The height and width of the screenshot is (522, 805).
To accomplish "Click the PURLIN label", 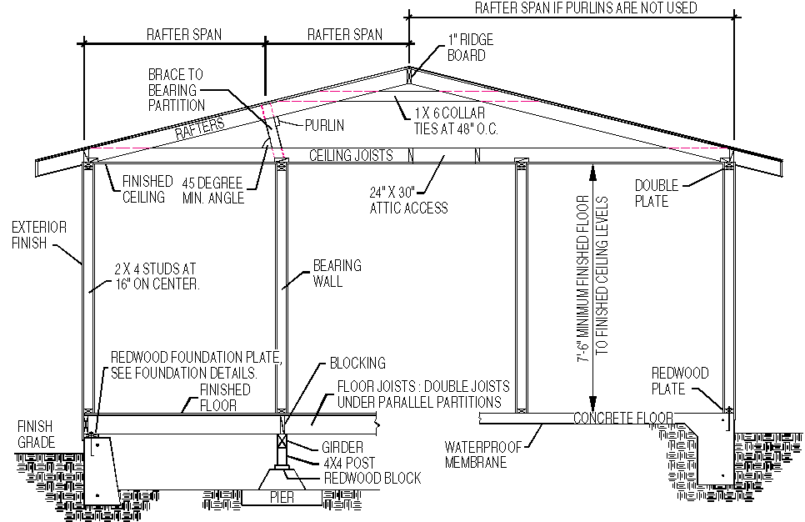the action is (324, 125).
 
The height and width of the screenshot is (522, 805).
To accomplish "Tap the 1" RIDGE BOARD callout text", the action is (470, 48).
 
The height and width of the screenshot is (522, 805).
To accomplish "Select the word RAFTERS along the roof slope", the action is (200, 128).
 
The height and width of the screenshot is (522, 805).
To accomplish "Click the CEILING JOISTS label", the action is (351, 155).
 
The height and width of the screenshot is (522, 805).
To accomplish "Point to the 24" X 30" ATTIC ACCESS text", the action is (408, 200).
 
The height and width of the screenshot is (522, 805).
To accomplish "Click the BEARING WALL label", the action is (337, 274).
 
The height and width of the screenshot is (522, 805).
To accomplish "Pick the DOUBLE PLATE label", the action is (657, 193).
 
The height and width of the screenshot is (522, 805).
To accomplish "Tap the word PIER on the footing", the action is (282, 497).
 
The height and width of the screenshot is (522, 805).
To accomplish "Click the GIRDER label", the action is (342, 447).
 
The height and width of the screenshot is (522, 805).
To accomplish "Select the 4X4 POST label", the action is (349, 463).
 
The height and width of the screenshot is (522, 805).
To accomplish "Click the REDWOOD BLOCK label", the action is (372, 479).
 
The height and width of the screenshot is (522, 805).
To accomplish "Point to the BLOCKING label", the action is (357, 364).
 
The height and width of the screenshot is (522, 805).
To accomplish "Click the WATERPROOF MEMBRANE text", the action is (483, 454).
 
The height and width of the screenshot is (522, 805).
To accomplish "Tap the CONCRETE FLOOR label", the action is (622, 419).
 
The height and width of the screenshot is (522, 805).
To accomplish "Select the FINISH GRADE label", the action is (36, 434).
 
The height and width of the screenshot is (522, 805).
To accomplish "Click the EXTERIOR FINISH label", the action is (39, 235).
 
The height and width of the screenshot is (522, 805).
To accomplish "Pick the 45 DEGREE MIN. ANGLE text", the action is (212, 191).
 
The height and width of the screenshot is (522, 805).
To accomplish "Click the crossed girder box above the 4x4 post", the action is (282, 441).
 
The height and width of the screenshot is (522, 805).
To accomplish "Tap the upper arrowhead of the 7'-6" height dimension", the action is (592, 173).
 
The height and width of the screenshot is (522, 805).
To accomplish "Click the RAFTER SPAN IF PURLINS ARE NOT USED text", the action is (586, 8).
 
